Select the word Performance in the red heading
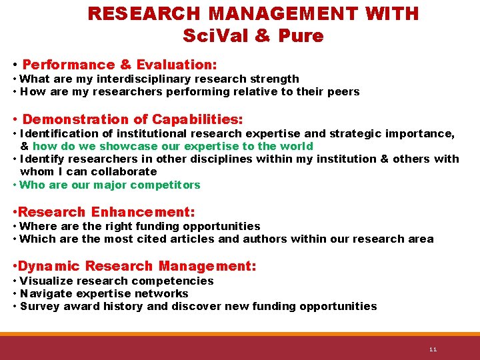[69, 65]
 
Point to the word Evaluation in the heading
[176, 65]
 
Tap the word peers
[342, 91]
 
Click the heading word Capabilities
[197, 119]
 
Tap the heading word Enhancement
[143, 212]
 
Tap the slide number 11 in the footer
[433, 349]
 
